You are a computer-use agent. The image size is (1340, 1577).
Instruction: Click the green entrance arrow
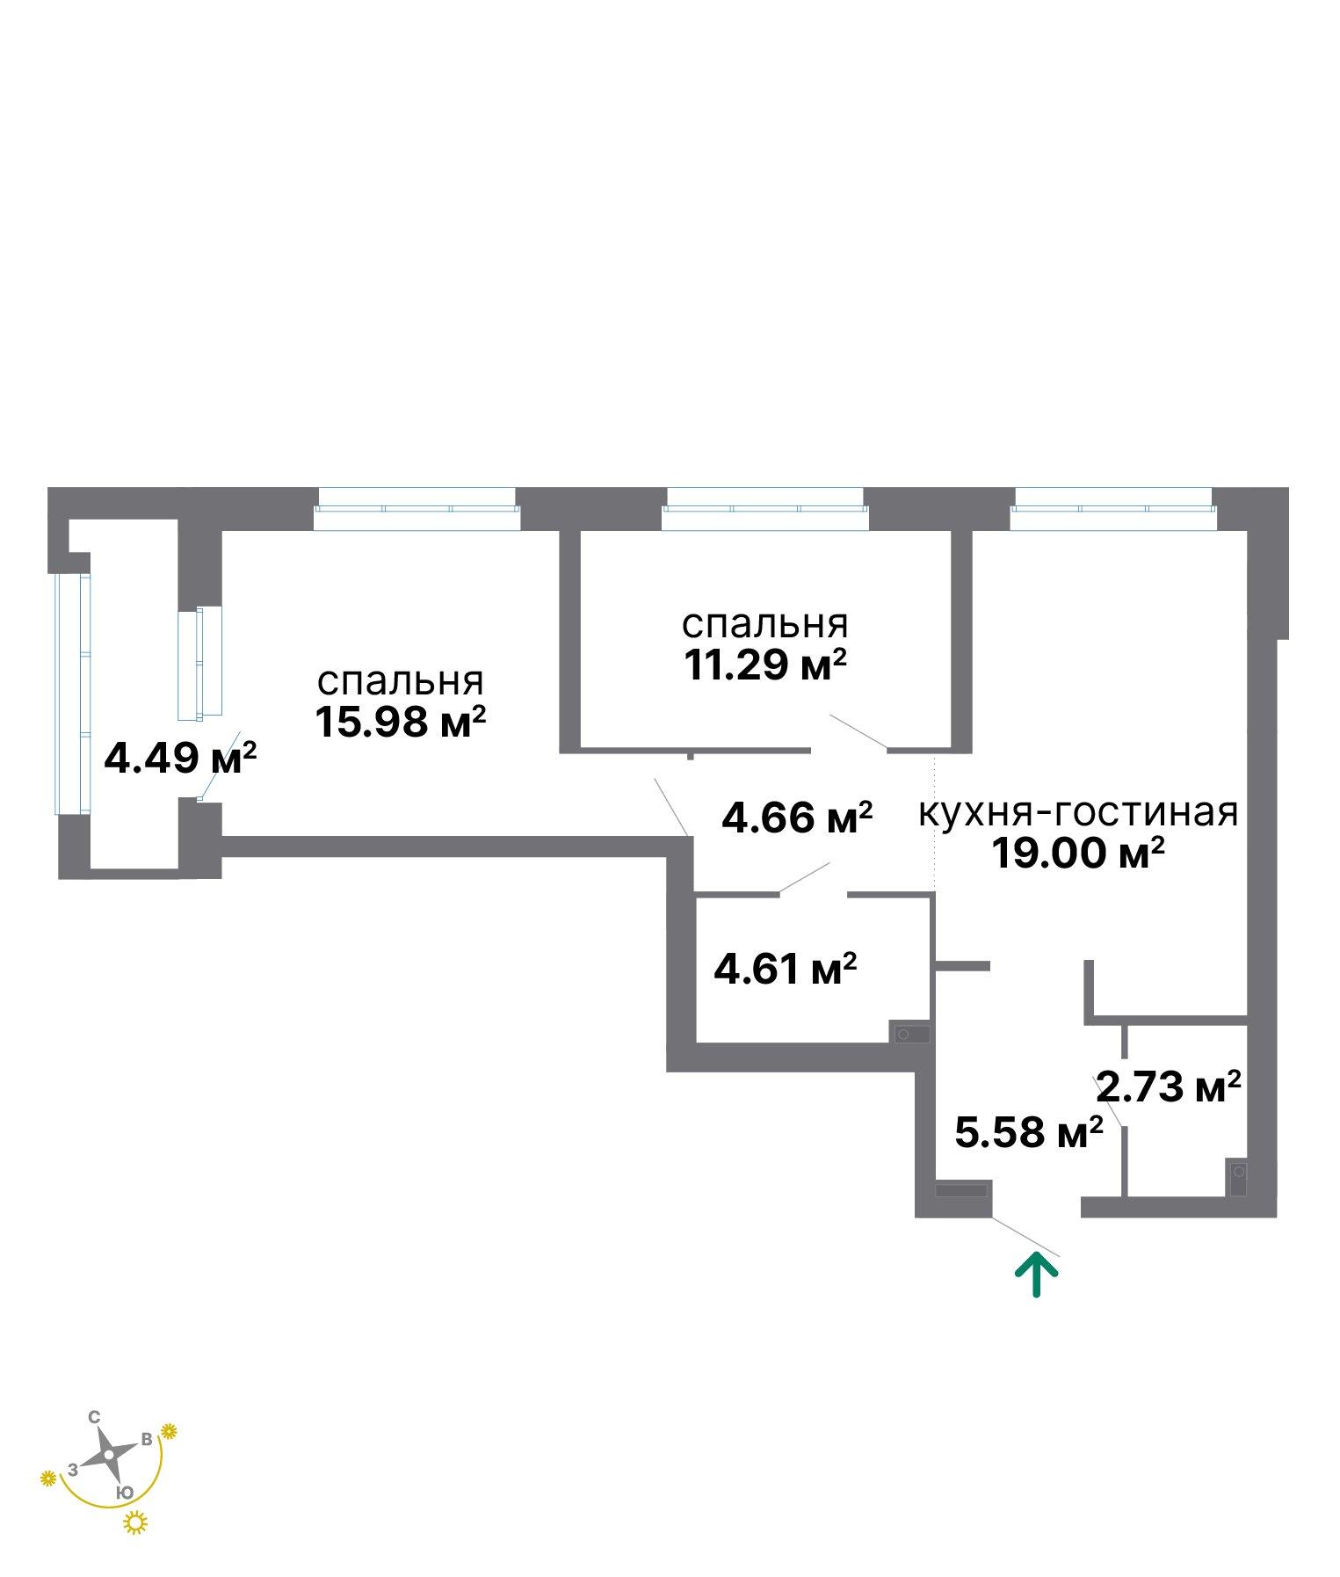(x=1037, y=1275)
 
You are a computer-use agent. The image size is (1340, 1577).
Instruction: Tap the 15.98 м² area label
(x=401, y=723)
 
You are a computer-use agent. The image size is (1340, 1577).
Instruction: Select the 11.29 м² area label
(x=765, y=665)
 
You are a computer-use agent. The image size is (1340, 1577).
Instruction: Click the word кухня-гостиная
(x=1078, y=812)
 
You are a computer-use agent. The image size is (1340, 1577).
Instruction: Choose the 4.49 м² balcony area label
(x=180, y=757)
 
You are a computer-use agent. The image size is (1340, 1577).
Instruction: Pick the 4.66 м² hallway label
(x=797, y=818)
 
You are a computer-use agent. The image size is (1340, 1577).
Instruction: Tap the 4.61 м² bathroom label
(x=786, y=970)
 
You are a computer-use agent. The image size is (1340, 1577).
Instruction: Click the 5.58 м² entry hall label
(x=1029, y=1132)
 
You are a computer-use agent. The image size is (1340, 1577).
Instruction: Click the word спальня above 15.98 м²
(x=401, y=682)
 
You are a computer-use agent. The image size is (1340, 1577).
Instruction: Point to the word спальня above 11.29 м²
(x=765, y=625)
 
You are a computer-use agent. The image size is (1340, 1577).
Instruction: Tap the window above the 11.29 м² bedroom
(x=765, y=510)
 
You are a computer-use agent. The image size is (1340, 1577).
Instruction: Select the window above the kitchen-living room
(x=1113, y=510)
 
